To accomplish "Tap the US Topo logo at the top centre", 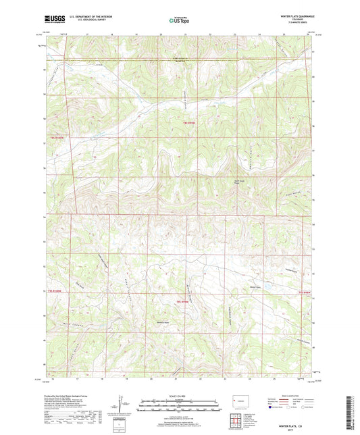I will [179, 21].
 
